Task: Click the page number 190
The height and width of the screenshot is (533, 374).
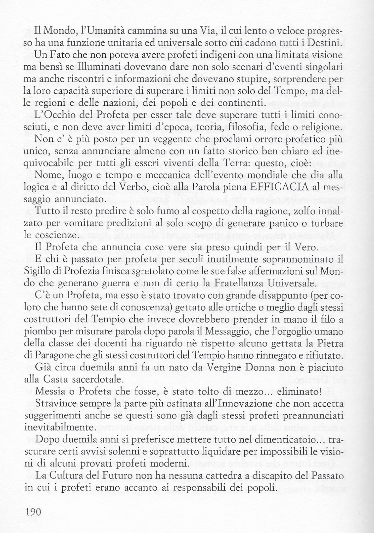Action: coord(33,511)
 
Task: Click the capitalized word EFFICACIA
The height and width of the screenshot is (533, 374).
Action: coord(269,187)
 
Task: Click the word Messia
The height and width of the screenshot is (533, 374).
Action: coord(50,391)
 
